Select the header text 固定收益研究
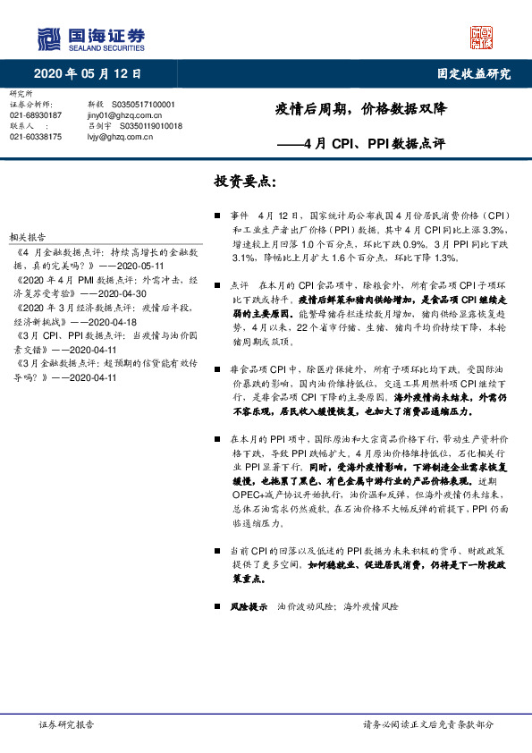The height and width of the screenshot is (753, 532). tap(474, 73)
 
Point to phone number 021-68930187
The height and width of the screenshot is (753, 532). tap(36, 115)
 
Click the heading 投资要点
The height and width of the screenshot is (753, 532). tap(246, 182)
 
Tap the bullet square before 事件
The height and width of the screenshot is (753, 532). tap(218, 216)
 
